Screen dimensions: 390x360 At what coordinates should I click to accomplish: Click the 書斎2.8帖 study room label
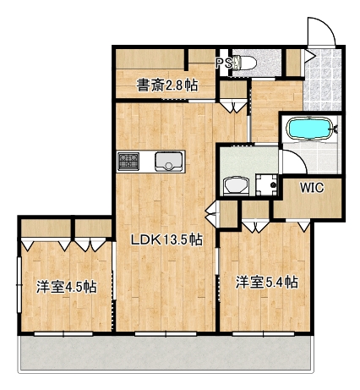167,85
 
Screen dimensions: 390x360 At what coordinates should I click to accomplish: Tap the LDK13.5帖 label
165,239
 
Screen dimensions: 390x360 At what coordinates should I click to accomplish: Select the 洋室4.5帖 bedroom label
66,286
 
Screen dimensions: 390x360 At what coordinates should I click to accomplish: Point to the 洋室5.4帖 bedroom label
266,282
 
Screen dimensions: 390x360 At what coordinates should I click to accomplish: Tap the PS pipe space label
224,63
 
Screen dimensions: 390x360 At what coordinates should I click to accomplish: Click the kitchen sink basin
168,161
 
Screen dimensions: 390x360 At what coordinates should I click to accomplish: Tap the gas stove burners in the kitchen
129,160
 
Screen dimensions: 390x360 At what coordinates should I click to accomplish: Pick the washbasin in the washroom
234,185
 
